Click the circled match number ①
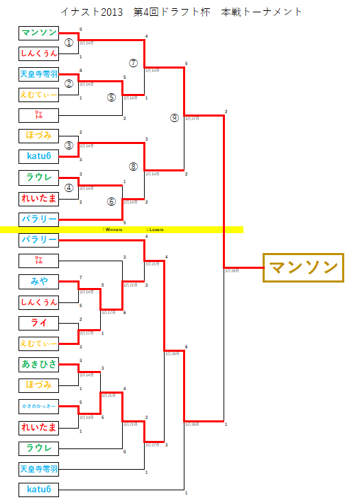click(x=69, y=42)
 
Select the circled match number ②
click(x=69, y=84)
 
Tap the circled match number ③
click(x=69, y=145)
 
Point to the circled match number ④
click(x=69, y=187)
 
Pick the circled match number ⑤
click(x=112, y=97)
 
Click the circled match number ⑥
click(x=112, y=202)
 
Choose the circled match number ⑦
click(x=134, y=62)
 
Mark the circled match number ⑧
click(x=134, y=166)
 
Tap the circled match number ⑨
click(x=175, y=117)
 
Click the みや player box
click(x=38, y=281)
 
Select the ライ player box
click(x=38, y=323)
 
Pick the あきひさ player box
click(x=38, y=364)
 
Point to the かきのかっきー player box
click(x=38, y=407)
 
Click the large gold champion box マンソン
click(x=302, y=267)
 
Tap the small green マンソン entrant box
click(x=38, y=33)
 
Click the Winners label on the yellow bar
click(x=112, y=229)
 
